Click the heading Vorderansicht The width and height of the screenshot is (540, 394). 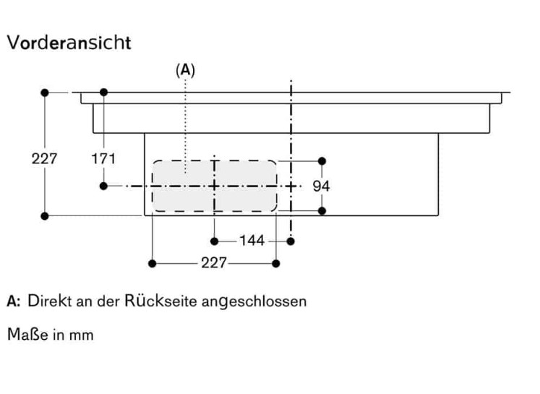(69, 43)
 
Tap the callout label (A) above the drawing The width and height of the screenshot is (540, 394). (186, 70)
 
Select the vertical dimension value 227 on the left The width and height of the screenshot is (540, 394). (44, 158)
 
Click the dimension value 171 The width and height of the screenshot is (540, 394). (103, 158)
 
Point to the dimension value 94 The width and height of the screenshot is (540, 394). (322, 186)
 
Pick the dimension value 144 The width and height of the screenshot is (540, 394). (252, 240)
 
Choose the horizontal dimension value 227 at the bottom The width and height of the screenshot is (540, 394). (214, 263)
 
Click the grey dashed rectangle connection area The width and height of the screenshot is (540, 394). (214, 186)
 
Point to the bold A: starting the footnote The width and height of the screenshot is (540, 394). (14, 301)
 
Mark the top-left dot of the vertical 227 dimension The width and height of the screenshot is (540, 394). (45, 93)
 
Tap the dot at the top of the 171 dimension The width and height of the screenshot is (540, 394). (104, 93)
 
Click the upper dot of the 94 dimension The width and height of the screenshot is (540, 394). (322, 160)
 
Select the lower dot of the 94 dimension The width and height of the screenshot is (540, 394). (322, 210)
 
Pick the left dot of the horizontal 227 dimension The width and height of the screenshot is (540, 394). (153, 263)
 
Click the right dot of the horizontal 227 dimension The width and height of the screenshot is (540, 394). (276, 263)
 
